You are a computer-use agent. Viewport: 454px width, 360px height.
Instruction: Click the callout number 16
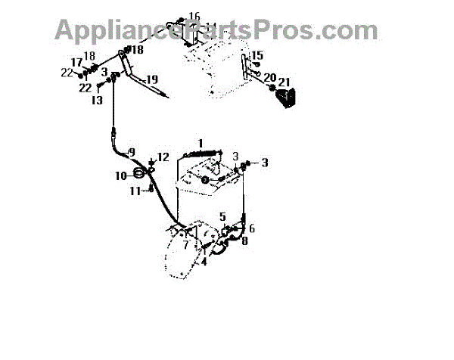194,16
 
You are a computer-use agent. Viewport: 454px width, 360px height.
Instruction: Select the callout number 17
76,62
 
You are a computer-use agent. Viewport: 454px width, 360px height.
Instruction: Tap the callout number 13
98,99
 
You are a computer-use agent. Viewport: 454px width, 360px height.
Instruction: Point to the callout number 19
151,79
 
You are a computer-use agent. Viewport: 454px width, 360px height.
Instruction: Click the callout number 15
257,55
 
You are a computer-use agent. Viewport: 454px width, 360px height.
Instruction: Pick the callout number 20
269,77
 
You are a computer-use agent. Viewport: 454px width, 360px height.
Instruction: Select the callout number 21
284,82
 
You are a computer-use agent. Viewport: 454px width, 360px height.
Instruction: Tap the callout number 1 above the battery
201,143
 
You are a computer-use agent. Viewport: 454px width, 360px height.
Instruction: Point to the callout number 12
162,157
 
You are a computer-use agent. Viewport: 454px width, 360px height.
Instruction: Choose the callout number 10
122,175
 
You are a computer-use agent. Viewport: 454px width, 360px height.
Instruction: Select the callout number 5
222,216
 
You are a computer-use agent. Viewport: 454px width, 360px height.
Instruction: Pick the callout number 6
252,228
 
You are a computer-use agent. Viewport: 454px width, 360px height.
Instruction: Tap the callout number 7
185,244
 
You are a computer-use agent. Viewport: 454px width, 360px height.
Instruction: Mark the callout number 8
244,241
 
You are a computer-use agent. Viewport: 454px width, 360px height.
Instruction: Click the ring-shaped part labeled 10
141,175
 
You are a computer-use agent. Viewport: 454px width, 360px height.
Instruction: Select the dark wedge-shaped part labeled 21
287,98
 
